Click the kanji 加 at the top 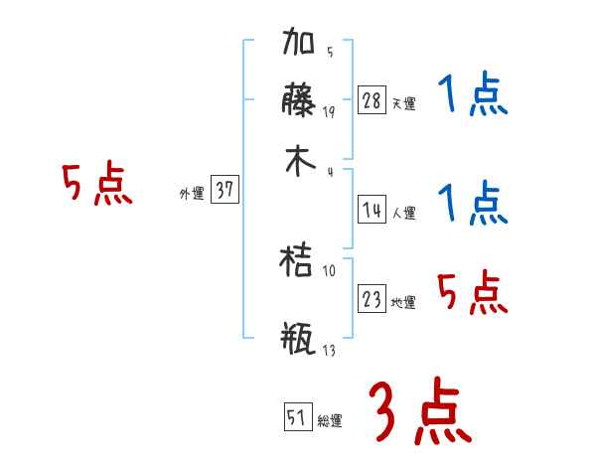coord(301,46)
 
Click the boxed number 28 coord(372,100)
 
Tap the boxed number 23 coord(372,299)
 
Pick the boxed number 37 coord(225,191)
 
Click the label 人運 coord(403,213)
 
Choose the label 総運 coord(330,421)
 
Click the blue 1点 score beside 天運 coord(473,97)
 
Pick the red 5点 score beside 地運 coord(473,292)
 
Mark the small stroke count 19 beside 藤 coord(329,112)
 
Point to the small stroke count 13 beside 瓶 coord(329,351)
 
